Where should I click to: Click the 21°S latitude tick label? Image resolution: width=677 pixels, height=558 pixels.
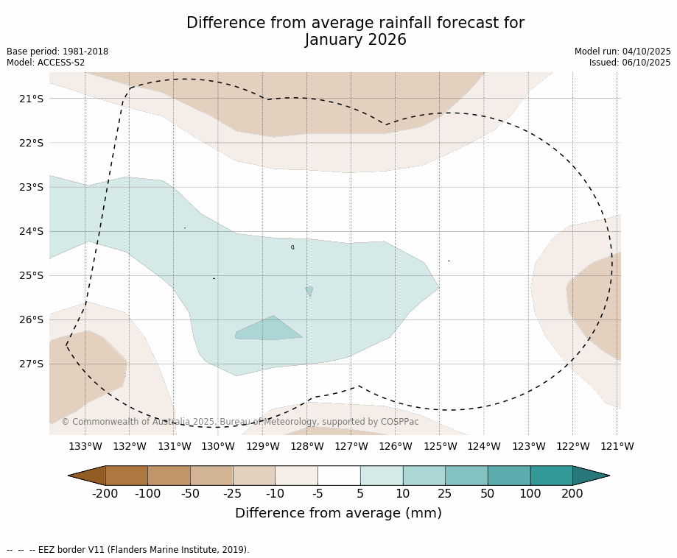click(x=31, y=99)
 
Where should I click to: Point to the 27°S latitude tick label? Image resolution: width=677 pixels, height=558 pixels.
click(x=31, y=364)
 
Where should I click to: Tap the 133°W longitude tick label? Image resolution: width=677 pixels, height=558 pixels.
click(x=85, y=446)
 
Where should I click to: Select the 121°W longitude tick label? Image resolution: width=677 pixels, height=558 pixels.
click(x=617, y=446)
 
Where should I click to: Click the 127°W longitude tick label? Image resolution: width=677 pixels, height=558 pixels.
click(x=351, y=446)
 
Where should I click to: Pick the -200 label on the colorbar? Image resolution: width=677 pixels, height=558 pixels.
click(x=105, y=494)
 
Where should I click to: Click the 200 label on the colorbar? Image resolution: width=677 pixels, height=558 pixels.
click(x=572, y=494)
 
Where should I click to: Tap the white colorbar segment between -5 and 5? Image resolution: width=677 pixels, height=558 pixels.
click(x=339, y=476)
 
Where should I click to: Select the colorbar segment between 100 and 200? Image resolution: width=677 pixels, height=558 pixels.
click(x=551, y=476)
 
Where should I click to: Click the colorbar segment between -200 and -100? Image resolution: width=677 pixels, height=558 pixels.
click(x=127, y=476)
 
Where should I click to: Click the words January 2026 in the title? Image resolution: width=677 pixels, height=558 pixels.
click(x=355, y=40)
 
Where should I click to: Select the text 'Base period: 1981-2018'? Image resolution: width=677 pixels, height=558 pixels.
click(x=57, y=52)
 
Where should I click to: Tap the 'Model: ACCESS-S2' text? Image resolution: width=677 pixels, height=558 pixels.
click(x=46, y=63)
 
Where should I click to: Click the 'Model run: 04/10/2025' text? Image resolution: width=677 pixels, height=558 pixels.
click(x=622, y=52)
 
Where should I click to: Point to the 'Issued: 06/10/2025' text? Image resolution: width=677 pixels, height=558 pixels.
click(x=630, y=63)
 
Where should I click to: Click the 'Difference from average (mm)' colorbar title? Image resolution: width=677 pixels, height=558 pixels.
click(x=338, y=514)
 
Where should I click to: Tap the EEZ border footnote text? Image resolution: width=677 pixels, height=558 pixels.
click(x=128, y=550)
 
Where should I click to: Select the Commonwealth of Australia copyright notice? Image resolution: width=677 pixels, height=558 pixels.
click(x=240, y=422)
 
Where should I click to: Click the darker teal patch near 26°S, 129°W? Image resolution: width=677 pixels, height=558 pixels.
click(x=268, y=330)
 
